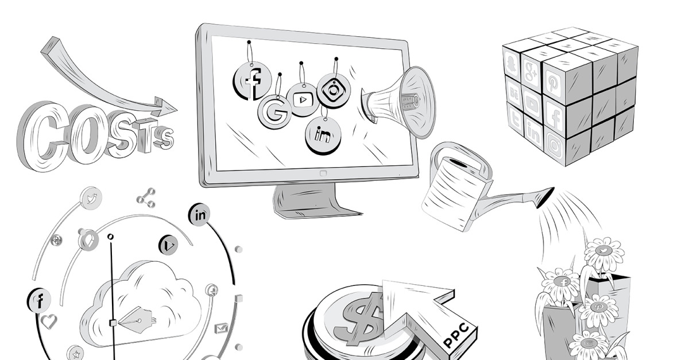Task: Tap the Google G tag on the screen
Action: click(x=274, y=111)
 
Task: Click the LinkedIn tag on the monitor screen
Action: click(x=323, y=136)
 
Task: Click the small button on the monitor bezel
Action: click(x=323, y=173)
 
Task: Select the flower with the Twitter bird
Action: click(x=603, y=250)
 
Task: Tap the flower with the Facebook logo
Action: click(x=562, y=281)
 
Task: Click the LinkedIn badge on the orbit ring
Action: click(x=200, y=215)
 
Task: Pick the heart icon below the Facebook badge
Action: click(x=49, y=321)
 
